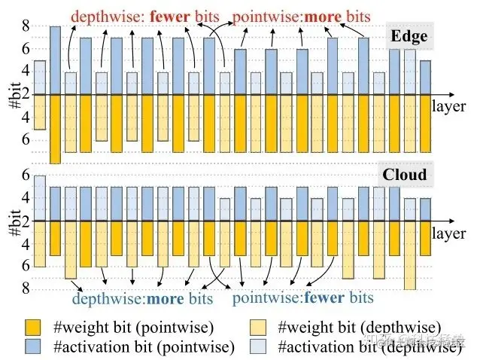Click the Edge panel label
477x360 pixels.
[x=409, y=37]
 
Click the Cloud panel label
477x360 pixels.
[x=405, y=175]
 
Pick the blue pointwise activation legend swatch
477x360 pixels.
[x=32, y=346]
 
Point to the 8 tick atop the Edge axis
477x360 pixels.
[x=26, y=26]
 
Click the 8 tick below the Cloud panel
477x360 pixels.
[x=26, y=288]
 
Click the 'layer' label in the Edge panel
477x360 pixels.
[x=449, y=106]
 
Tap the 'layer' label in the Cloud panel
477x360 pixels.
[x=449, y=233]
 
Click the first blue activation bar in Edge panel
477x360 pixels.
[x=40, y=78]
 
